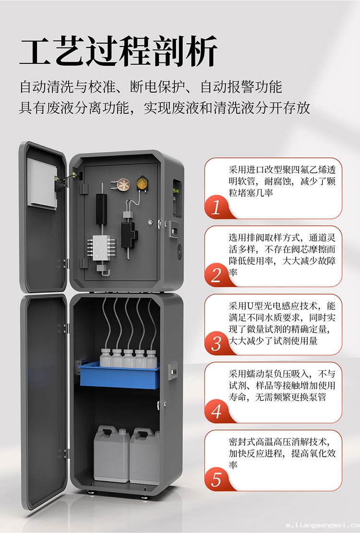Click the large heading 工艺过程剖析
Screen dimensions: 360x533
pos(118,51)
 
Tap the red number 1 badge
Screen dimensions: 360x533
pos(216,207)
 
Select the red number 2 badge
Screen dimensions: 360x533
pos(216,275)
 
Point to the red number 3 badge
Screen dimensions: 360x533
pos(216,343)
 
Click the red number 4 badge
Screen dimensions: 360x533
pos(216,411)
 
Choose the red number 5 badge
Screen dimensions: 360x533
pos(216,479)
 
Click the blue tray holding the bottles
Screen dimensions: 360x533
pos(119,376)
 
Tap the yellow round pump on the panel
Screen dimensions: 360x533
pos(142,184)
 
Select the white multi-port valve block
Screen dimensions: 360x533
pos(101,248)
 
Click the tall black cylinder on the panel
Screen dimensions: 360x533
pos(101,209)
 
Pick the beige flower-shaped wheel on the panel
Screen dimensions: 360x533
pos(122,184)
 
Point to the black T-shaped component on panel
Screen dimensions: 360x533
pos(129,234)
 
